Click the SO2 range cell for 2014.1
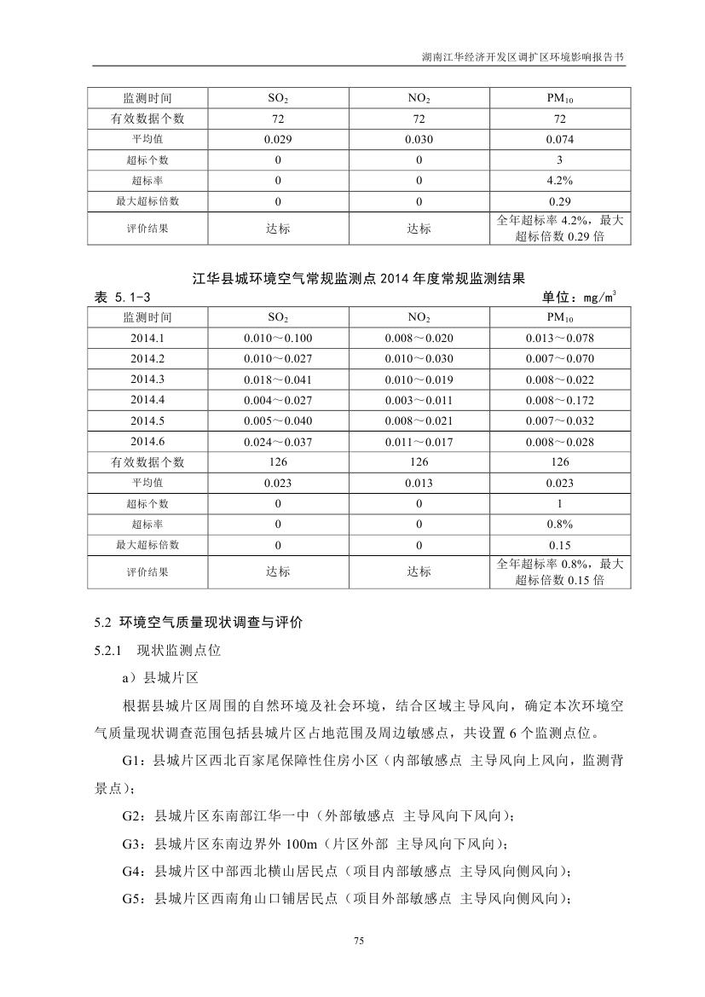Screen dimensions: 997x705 [277, 338]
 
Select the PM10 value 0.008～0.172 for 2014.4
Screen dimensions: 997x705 [559, 400]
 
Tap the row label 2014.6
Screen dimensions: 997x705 [147, 442]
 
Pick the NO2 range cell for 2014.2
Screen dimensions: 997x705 [419, 358]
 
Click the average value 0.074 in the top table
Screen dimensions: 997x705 [559, 140]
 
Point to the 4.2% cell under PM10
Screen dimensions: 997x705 [559, 181]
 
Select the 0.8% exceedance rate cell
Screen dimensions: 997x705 [559, 525]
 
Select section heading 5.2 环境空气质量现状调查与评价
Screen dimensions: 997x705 [198, 623]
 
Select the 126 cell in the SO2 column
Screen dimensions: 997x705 [277, 462]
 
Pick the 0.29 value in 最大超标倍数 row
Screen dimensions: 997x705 [559, 202]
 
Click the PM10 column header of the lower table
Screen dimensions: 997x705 [559, 317]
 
